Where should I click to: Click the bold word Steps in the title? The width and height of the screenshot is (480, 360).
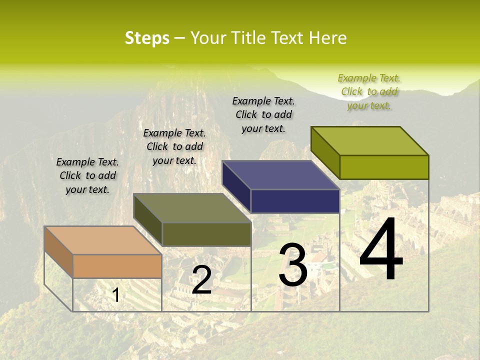click(x=147, y=38)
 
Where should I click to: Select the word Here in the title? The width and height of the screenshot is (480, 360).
click(x=328, y=38)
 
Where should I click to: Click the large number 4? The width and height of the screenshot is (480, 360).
click(x=381, y=250)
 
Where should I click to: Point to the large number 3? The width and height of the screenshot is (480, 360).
click(x=292, y=265)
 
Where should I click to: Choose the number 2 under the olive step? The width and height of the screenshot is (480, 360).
click(x=201, y=280)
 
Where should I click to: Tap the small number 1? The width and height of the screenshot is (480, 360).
click(x=116, y=295)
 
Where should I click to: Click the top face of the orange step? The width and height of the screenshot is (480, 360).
click(x=102, y=240)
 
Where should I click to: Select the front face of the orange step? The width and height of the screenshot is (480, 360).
click(x=117, y=266)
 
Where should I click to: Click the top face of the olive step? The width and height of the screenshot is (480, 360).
click(x=192, y=208)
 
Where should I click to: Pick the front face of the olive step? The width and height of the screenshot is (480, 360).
click(x=206, y=234)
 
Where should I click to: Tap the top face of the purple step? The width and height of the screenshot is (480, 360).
click(x=280, y=175)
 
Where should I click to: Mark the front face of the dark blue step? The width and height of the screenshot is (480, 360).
click(x=295, y=201)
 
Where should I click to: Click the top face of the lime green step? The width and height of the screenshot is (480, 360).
click(x=369, y=141)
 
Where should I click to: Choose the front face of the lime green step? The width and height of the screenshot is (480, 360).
click(x=384, y=167)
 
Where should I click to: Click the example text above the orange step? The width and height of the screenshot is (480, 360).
click(x=87, y=176)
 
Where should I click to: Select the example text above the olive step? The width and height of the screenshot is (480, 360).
click(x=174, y=147)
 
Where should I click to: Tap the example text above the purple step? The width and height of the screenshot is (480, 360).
click(x=263, y=115)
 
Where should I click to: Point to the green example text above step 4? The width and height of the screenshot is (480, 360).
click(x=369, y=92)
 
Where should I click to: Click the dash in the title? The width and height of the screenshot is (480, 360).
click(x=180, y=38)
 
